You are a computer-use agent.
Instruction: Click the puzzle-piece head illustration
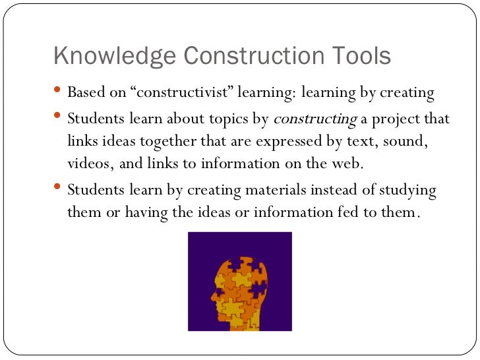(239, 282)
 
